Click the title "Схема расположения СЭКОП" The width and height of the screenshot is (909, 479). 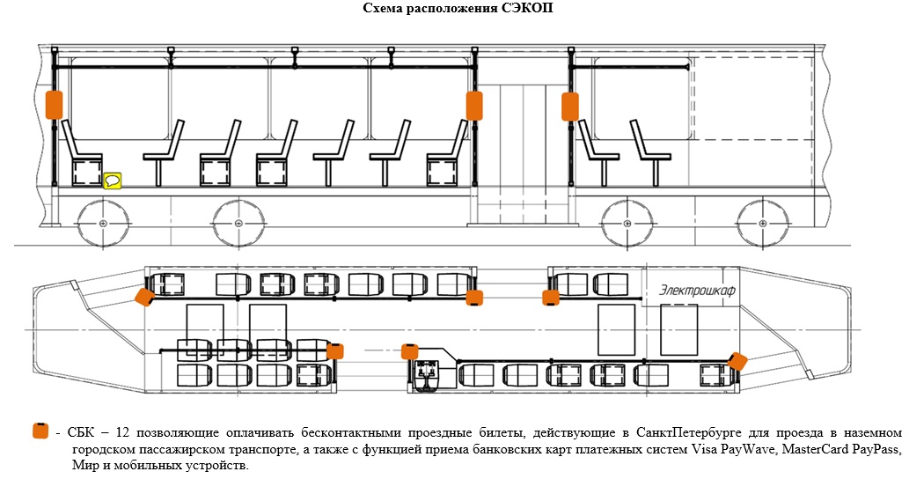(x=458, y=8)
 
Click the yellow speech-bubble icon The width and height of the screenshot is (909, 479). (x=113, y=181)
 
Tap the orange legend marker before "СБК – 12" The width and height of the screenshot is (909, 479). (x=40, y=431)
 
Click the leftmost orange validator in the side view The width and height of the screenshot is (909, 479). (x=54, y=103)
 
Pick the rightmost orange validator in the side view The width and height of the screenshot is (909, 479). (x=570, y=106)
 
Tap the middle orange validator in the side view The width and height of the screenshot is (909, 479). (x=474, y=105)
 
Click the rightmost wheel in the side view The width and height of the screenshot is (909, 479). (x=761, y=224)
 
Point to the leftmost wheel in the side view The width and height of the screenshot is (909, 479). (x=103, y=224)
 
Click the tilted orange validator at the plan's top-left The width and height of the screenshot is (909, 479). (x=144, y=297)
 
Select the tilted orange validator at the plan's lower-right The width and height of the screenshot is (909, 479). (x=737, y=361)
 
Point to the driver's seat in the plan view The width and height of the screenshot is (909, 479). (x=429, y=376)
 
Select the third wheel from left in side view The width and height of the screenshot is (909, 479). (x=627, y=224)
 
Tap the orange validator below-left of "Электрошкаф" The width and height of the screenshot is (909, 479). (x=551, y=298)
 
